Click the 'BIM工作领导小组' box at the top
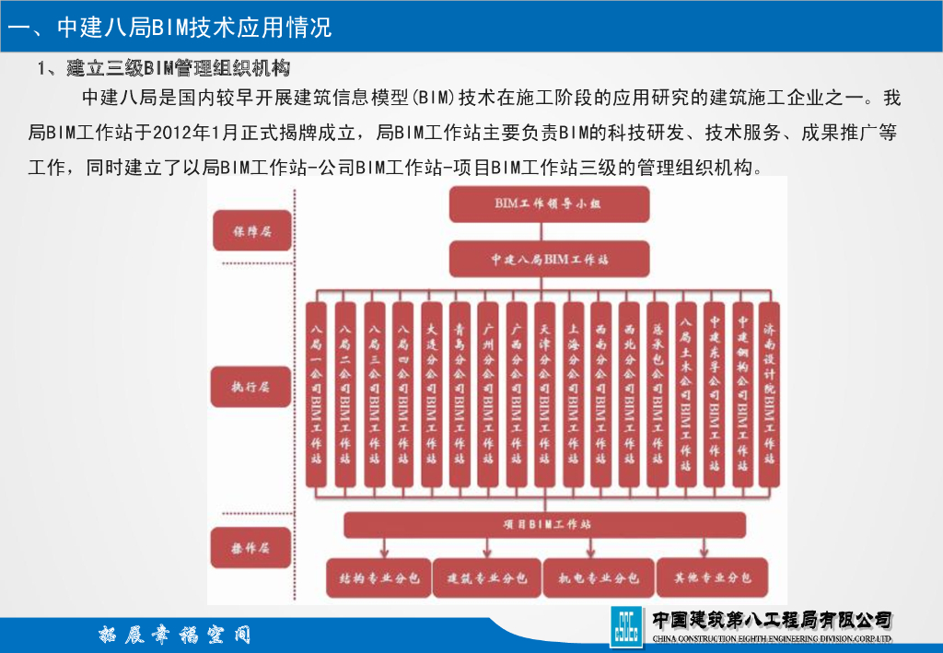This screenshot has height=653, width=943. [548, 204]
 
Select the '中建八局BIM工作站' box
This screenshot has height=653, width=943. [548, 260]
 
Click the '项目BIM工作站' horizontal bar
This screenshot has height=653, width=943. [545, 525]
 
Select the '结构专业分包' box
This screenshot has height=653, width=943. [378, 578]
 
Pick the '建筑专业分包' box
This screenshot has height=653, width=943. [487, 578]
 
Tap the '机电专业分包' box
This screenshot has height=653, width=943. [599, 578]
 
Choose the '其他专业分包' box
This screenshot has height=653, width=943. [712, 578]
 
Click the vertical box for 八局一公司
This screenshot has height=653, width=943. [317, 394]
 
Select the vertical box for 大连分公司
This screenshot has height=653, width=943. [431, 394]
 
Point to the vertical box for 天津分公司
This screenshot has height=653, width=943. [544, 394]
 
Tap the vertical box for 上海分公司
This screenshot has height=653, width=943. [573, 394]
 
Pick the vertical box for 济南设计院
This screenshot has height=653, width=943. [770, 394]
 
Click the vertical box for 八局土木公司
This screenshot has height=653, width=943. [685, 394]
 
